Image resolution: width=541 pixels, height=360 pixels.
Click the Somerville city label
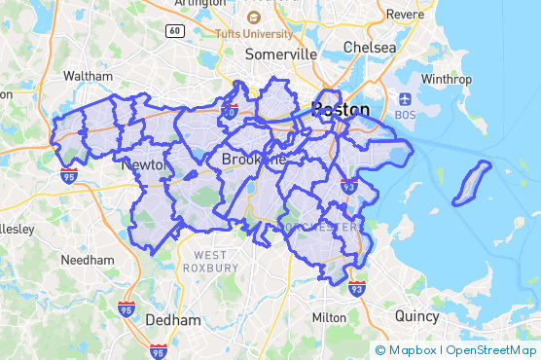281,54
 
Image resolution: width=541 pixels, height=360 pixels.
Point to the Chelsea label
370,48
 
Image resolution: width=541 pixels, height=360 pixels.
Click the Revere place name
405,15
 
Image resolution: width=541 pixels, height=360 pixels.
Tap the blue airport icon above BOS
405,98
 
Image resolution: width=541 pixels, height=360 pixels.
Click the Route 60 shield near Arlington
174,30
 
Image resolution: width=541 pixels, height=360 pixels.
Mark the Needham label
88,261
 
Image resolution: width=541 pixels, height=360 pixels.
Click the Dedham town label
173,319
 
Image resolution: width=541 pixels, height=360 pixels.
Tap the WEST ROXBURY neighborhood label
209,261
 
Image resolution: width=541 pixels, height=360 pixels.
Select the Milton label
329,317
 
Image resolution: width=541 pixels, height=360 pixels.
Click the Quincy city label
417,315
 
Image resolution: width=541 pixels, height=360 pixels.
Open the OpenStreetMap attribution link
491,349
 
